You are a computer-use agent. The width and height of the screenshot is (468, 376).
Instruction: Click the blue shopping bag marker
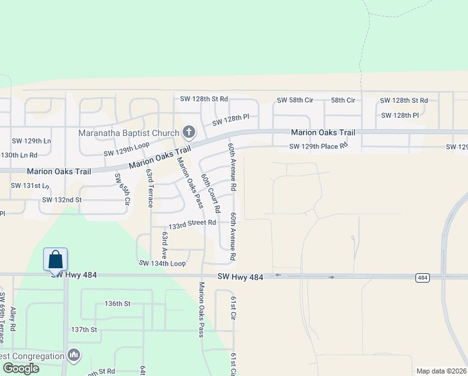[55, 259]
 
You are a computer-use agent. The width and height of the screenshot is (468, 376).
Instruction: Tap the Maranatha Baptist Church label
[128, 133]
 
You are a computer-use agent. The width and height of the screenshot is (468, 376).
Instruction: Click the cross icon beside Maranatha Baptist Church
[188, 132]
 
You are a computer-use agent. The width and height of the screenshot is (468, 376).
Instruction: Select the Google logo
[21, 368]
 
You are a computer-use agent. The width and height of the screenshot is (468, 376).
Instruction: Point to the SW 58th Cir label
[295, 100]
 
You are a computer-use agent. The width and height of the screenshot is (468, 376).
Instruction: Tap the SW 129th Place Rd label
[318, 147]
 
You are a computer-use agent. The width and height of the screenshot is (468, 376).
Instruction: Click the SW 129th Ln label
[29, 140]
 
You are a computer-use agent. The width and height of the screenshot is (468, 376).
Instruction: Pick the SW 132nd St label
[62, 200]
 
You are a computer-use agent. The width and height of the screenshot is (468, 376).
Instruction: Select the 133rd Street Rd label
[192, 223]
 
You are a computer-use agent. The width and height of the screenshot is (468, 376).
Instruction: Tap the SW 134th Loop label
[162, 264]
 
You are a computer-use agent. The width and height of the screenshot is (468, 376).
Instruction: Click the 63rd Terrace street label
[150, 187]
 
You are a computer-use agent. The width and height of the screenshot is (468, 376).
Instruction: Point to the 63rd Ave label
[165, 244]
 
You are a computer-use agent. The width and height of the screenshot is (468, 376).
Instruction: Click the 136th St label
[117, 303]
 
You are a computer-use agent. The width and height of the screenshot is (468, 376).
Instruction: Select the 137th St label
[84, 330]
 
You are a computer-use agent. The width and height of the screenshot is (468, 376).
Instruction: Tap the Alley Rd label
[13, 319]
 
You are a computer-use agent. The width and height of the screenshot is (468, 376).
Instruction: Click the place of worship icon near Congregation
[74, 355]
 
